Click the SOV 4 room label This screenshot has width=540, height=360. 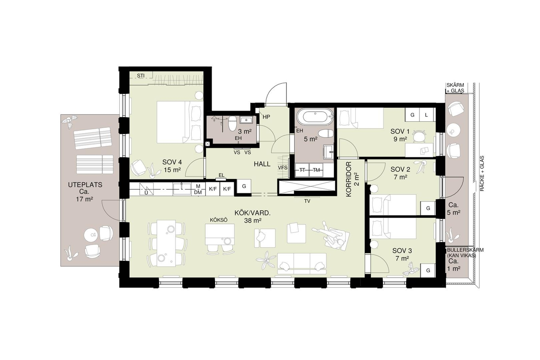[172, 162]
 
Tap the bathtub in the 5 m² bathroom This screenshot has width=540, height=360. [315, 117]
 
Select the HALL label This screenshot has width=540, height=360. [262, 164]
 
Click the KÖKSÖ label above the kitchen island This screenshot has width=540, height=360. [219, 220]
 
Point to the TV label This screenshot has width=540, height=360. [307, 201]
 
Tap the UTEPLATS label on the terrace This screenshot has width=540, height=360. [85, 185]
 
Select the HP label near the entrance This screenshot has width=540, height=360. [266, 117]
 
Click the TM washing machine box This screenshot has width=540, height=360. [316, 170]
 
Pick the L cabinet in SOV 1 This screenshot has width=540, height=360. [427, 115]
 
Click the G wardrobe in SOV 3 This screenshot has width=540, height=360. [428, 270]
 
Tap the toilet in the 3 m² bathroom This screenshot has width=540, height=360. [232, 124]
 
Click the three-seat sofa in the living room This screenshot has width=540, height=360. [302, 264]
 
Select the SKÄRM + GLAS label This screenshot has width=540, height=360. [455, 88]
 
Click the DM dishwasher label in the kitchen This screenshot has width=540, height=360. [198, 192]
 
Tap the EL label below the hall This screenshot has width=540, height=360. [221, 175]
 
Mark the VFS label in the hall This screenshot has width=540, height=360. [283, 168]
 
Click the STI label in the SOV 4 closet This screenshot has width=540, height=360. [141, 75]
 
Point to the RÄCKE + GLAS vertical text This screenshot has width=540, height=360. [482, 173]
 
